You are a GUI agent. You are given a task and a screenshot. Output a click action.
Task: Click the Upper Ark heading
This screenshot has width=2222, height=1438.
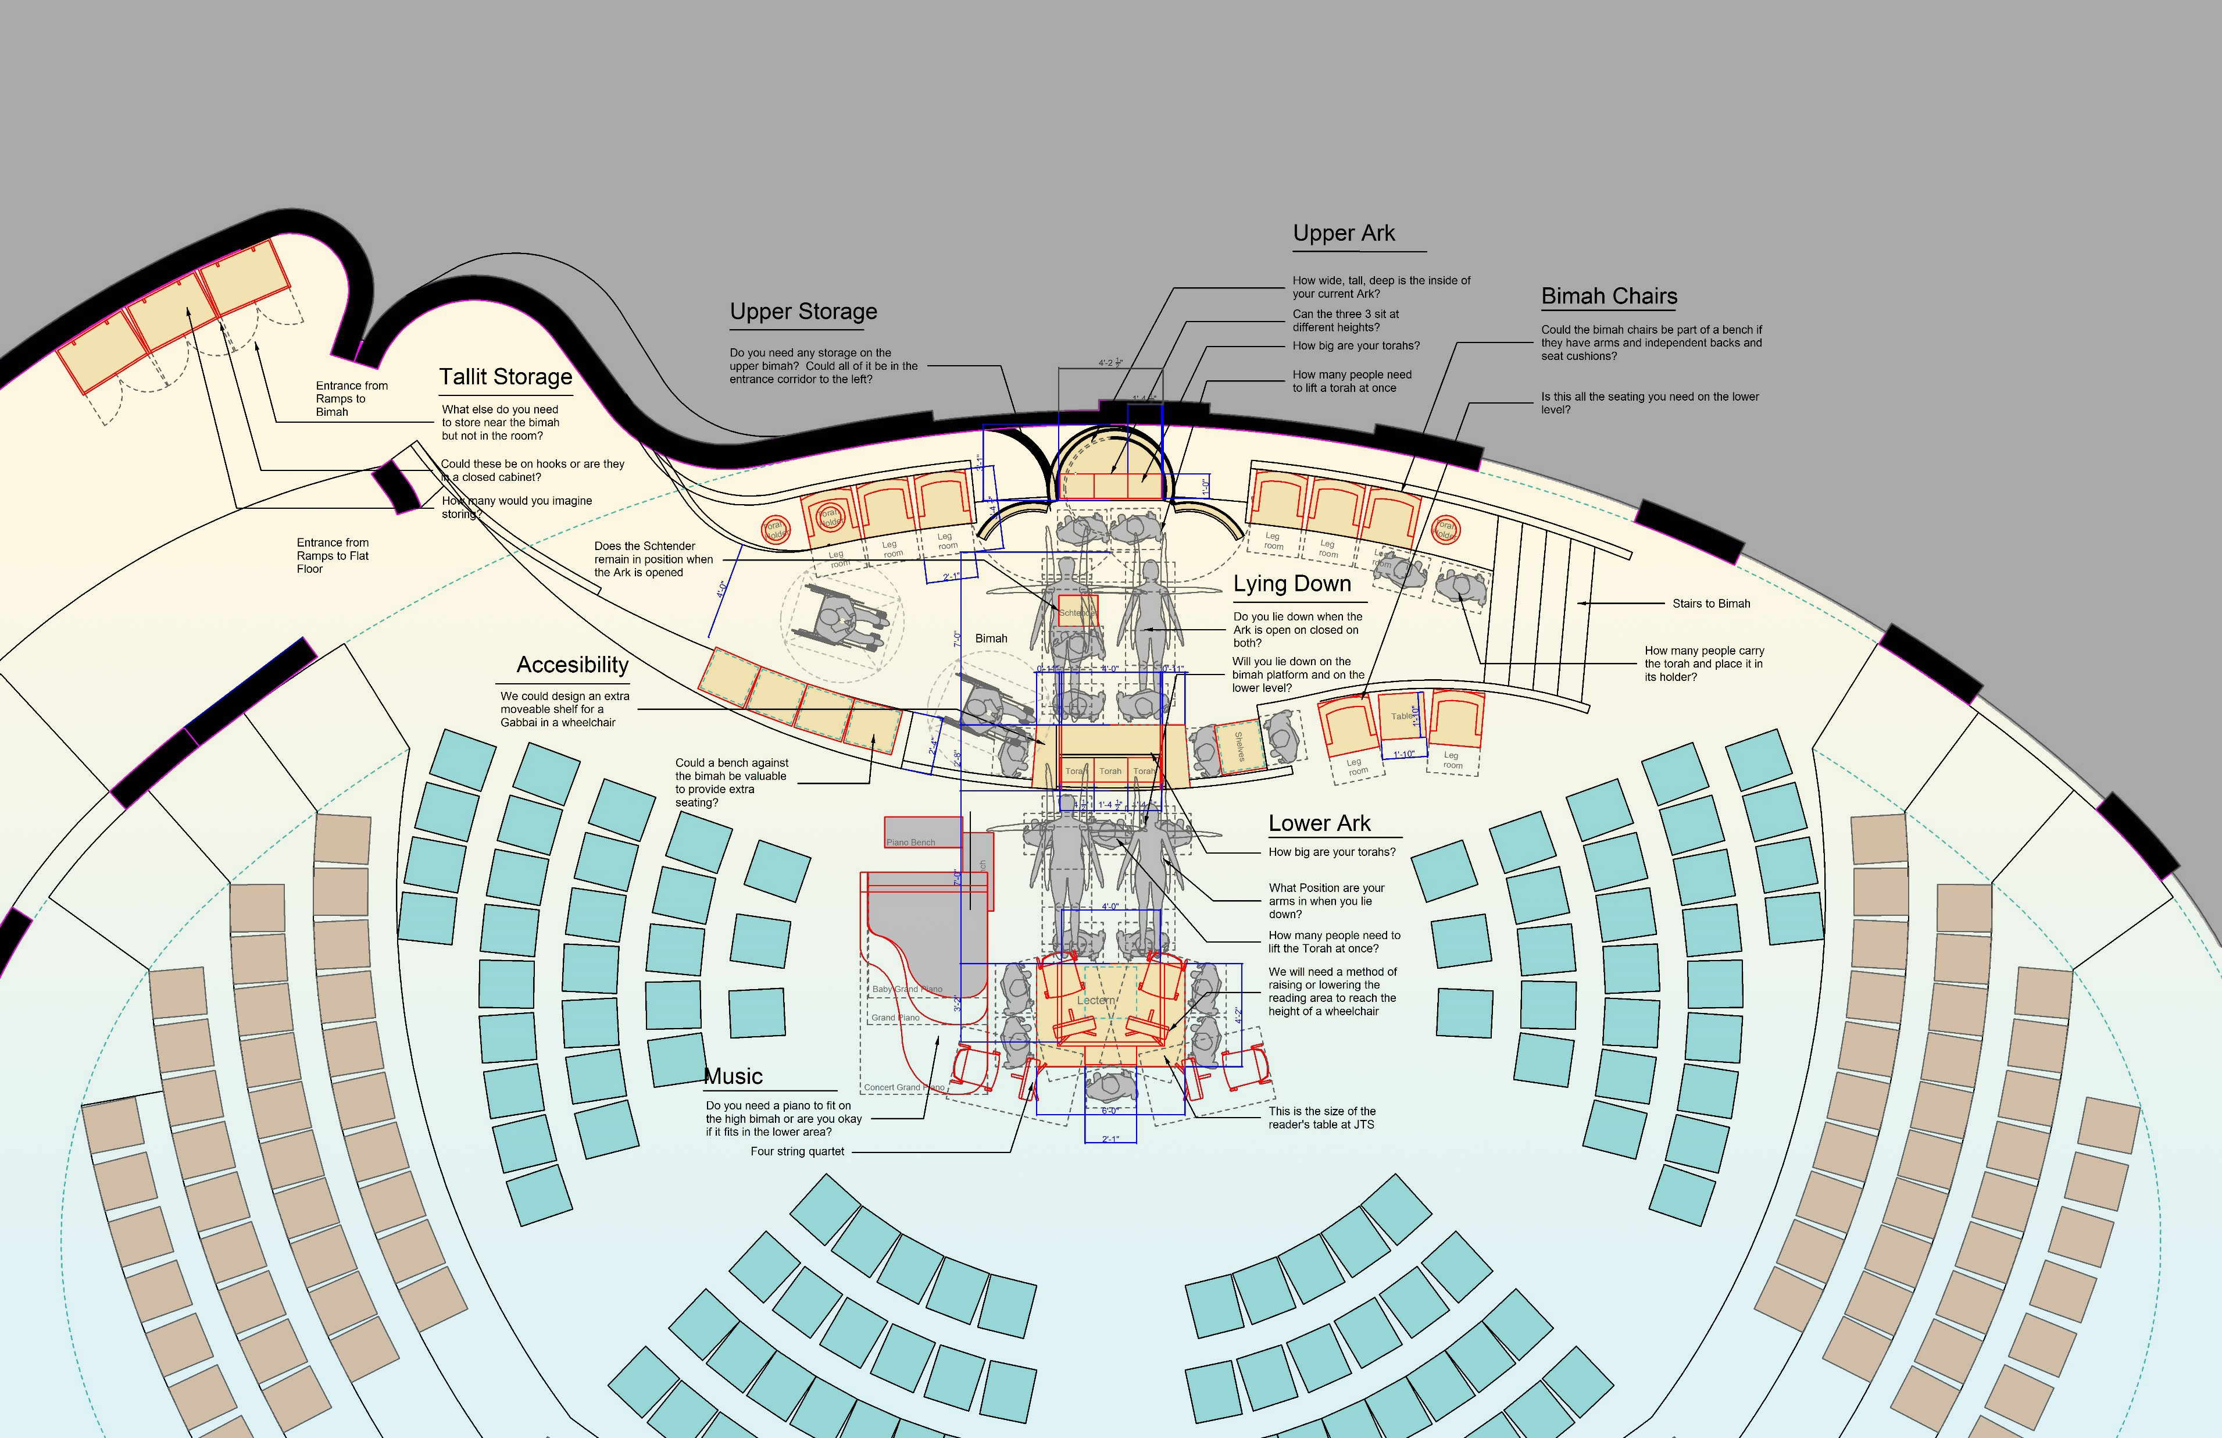(x=1344, y=233)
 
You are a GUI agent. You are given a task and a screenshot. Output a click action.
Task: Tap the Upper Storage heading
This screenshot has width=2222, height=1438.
(x=803, y=311)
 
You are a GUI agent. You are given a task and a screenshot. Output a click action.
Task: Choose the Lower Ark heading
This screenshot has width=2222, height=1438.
(x=1319, y=823)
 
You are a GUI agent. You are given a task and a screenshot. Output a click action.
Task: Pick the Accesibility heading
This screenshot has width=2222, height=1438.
(x=572, y=665)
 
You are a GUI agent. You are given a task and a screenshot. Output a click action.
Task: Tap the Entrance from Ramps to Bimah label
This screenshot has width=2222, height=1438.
(x=351, y=399)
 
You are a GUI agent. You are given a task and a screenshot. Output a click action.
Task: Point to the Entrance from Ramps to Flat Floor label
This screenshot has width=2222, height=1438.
(x=333, y=555)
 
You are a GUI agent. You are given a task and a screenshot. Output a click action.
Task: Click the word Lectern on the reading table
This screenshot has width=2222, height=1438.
(x=1096, y=1000)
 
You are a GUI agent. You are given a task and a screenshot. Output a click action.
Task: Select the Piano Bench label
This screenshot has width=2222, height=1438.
(x=910, y=842)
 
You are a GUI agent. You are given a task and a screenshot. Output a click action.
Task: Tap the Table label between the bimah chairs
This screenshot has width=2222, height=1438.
(x=1401, y=716)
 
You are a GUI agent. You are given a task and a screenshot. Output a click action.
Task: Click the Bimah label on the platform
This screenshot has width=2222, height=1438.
(x=991, y=638)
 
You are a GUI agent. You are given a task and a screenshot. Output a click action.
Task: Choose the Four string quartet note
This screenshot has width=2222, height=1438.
(x=796, y=1151)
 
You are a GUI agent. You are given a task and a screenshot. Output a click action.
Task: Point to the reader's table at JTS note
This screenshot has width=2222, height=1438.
(x=1321, y=1118)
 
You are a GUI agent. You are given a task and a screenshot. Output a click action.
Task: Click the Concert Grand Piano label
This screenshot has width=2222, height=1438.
(x=903, y=1087)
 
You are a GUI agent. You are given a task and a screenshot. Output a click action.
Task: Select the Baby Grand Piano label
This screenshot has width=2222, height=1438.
(x=906, y=989)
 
